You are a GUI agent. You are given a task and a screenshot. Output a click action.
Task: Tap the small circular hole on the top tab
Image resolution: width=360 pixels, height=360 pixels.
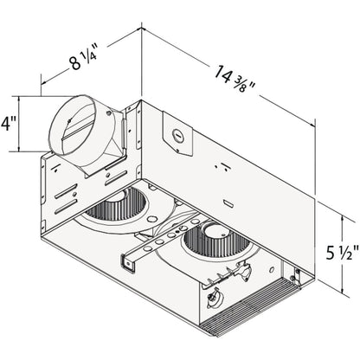[x=177, y=134]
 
